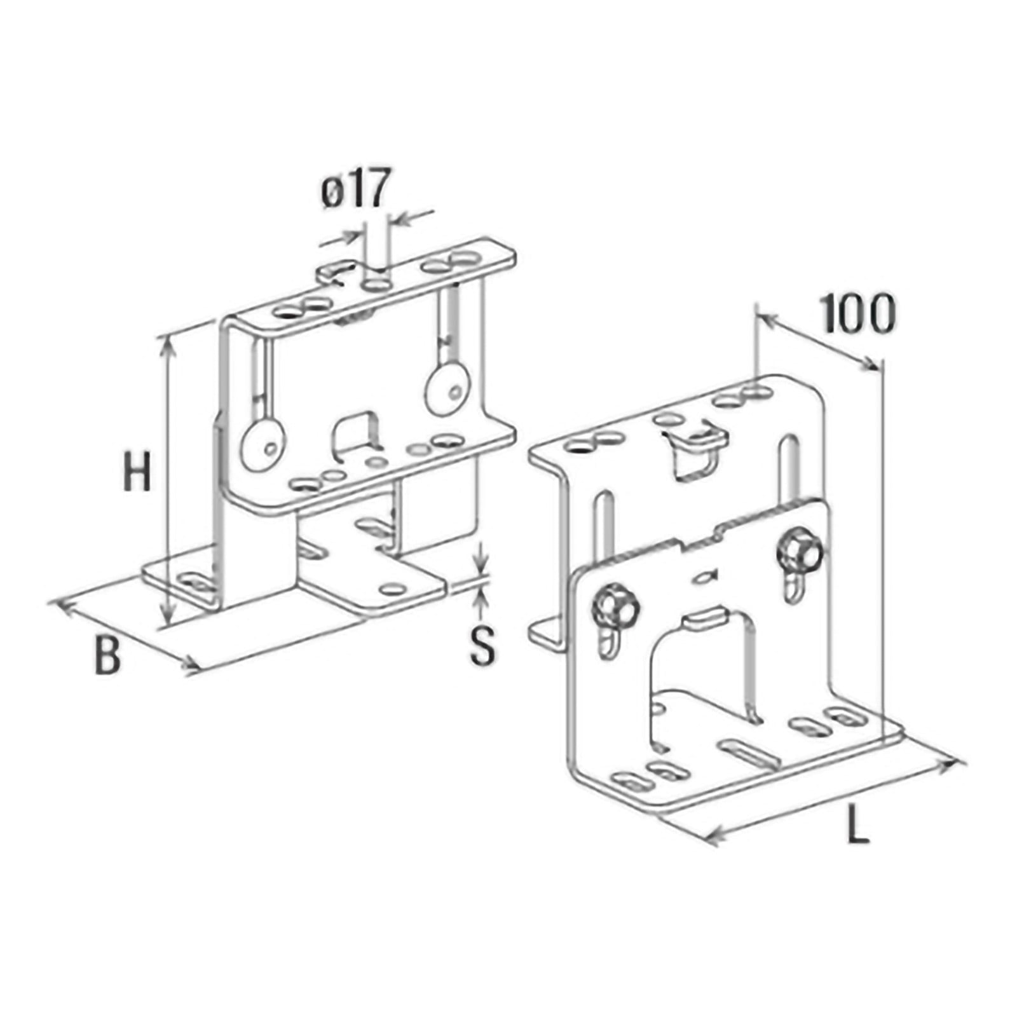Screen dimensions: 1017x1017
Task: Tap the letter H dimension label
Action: click(137, 471)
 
